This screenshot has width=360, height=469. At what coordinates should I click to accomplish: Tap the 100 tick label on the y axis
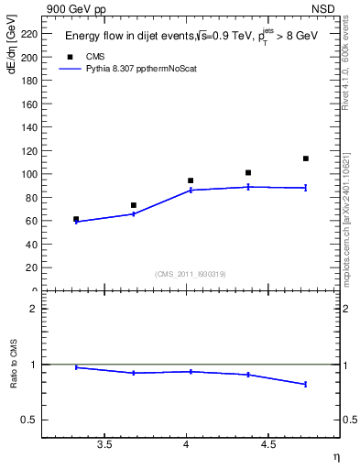(31, 174)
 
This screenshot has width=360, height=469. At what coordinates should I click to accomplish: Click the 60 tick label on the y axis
(34, 221)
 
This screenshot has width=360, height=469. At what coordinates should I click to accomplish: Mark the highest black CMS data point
(306, 158)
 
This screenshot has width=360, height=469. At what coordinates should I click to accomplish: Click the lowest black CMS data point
(76, 219)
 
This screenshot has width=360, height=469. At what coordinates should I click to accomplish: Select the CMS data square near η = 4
(191, 180)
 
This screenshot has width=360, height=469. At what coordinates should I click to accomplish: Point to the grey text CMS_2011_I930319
(191, 273)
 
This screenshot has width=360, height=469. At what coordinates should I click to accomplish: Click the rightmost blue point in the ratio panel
(306, 384)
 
